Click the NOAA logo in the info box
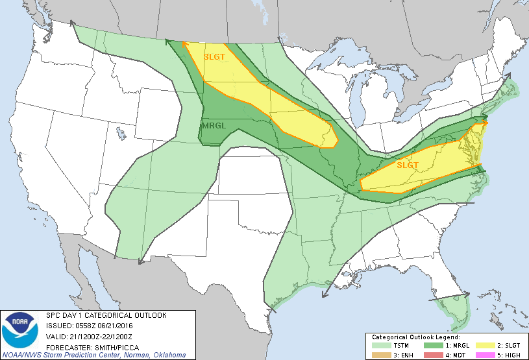21,331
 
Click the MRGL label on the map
214,125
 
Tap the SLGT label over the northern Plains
214,56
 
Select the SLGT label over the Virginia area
408,165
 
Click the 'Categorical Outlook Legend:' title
415,337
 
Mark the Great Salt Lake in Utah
121,134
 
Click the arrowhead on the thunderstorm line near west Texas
140,261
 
